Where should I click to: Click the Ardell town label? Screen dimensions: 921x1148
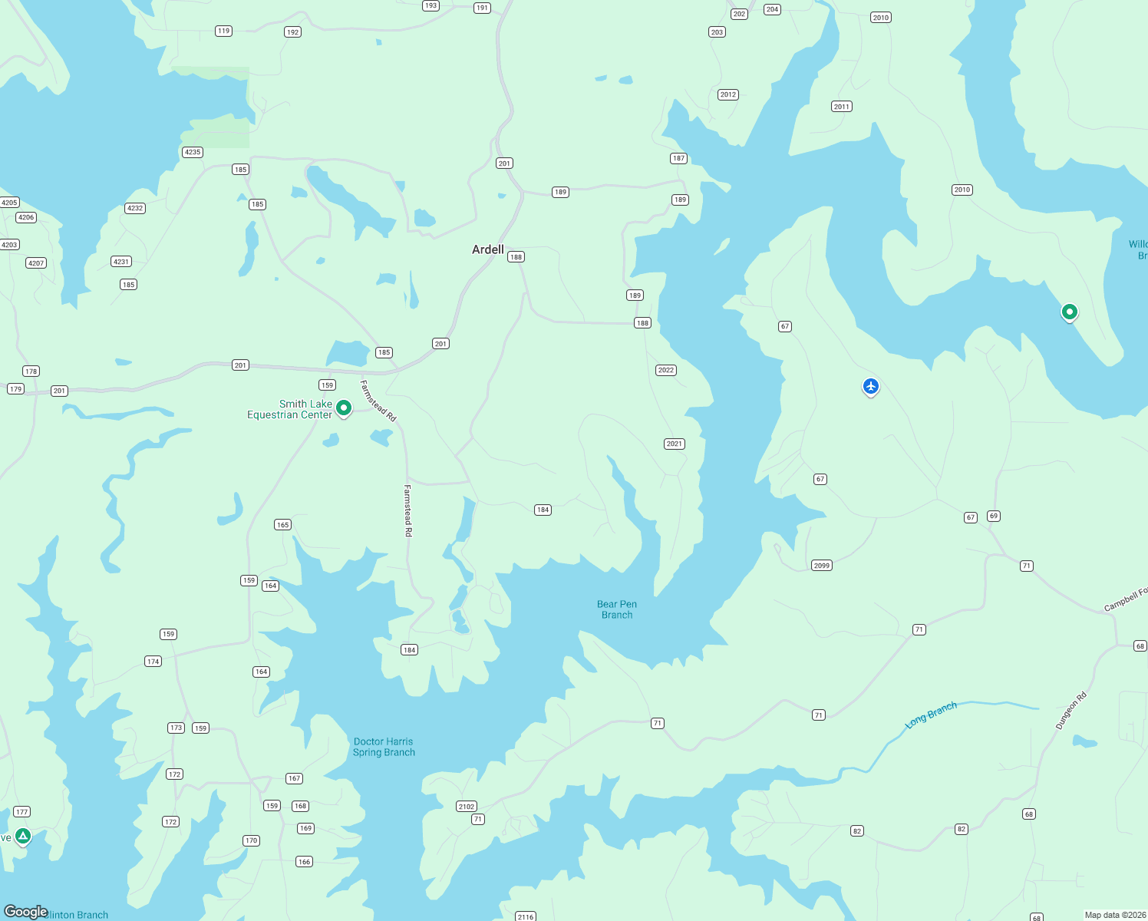(x=488, y=249)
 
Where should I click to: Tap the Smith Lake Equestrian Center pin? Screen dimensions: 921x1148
(x=344, y=408)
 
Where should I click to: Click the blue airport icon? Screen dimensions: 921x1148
(x=870, y=386)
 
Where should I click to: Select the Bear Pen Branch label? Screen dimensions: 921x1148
(x=617, y=609)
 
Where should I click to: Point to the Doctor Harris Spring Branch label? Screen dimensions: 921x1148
(x=384, y=747)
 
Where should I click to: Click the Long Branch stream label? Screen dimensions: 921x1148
(x=931, y=715)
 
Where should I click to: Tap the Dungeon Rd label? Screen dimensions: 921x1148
(x=1071, y=711)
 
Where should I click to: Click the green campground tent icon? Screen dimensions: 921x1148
(x=23, y=836)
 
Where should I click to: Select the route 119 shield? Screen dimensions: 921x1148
(x=223, y=31)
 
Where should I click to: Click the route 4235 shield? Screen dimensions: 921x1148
(x=192, y=152)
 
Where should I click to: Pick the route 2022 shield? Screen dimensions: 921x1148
(x=666, y=370)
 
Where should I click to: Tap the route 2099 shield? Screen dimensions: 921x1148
(x=822, y=566)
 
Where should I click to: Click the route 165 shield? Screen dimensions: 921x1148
(x=282, y=525)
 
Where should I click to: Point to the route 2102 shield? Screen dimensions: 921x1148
(x=467, y=807)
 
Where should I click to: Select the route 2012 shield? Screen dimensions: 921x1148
(x=728, y=94)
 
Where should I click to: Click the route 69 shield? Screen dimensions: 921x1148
(x=994, y=516)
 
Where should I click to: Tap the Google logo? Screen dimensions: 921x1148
(x=26, y=912)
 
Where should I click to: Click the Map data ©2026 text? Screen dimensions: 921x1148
(x=1114, y=915)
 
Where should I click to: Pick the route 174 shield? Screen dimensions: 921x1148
(x=153, y=662)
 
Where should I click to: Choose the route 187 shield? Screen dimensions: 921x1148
(x=678, y=158)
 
